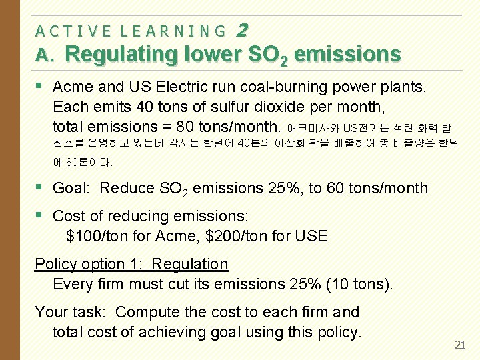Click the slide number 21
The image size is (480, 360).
[459, 345]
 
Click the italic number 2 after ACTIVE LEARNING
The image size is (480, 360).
[242, 30]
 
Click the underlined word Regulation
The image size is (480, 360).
[190, 264]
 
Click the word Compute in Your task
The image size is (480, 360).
[145, 312]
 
